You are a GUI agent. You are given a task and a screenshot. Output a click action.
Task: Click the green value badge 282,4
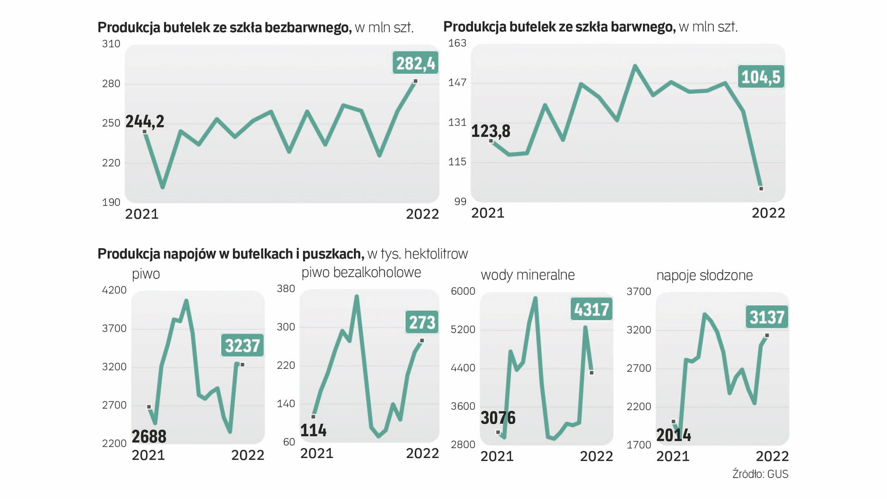coord(415,63)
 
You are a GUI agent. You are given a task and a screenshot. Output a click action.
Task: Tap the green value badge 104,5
coord(760,77)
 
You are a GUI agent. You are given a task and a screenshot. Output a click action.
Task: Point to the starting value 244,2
coord(145,122)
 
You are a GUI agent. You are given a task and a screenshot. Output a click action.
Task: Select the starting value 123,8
coord(491,131)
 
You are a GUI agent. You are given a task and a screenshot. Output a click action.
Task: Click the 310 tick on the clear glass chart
coord(111,44)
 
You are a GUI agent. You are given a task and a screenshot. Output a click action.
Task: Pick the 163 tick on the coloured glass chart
coord(457,43)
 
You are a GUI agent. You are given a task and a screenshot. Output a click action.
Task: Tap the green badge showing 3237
coord(243,345)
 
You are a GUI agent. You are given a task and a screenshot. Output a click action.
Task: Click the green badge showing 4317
coord(591,309)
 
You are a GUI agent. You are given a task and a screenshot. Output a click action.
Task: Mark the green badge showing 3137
coord(767,317)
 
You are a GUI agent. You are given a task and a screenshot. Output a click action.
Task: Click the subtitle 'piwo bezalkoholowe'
coord(361,273)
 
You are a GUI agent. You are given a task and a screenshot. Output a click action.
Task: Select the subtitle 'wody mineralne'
coord(528,275)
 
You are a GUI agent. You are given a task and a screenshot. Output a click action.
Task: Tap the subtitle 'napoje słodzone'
coord(704,275)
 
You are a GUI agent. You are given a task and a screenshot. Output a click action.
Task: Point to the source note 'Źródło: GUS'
coord(760,474)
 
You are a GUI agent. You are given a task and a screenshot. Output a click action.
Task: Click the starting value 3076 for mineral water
coord(498,418)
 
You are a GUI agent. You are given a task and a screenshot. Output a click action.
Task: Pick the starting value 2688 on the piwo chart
coord(149,436)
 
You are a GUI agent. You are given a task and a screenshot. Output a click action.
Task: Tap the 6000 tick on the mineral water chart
coord(462,291)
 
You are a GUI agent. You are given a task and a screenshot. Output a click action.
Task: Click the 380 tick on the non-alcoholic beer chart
coord(286,289)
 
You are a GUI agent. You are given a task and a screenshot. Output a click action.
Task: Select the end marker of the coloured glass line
coord(761,189)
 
